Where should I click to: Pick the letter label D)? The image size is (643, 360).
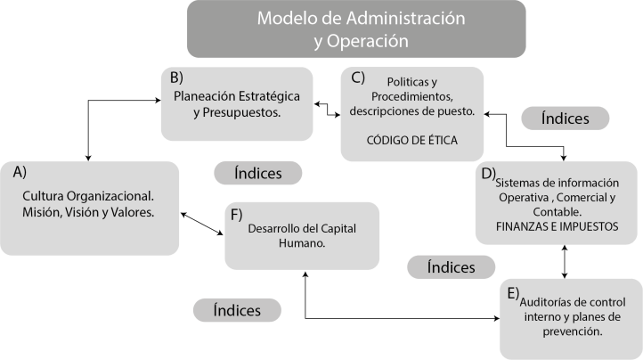487,173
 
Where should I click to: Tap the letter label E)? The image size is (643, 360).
512,291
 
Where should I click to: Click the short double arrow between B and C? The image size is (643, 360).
327,110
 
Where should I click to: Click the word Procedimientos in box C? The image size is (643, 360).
411,96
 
